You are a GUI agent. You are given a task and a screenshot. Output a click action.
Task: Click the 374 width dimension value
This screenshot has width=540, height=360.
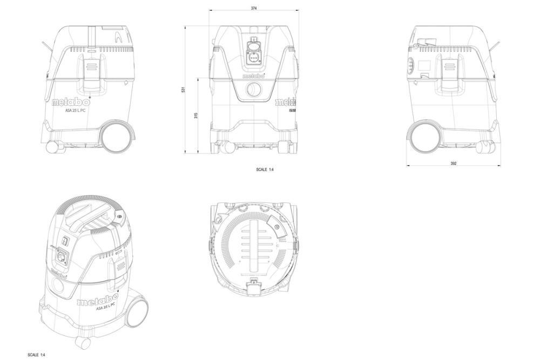click(x=253, y=8)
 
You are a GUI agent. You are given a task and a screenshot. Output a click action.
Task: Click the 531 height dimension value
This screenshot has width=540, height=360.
click(x=184, y=90)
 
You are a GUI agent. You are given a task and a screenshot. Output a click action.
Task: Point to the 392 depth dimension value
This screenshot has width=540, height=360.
click(x=453, y=162)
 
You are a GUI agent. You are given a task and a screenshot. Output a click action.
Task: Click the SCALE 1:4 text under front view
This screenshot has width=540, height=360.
click(x=265, y=169)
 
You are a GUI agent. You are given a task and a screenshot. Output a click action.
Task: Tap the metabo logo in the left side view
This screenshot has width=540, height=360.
click(x=71, y=100)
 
